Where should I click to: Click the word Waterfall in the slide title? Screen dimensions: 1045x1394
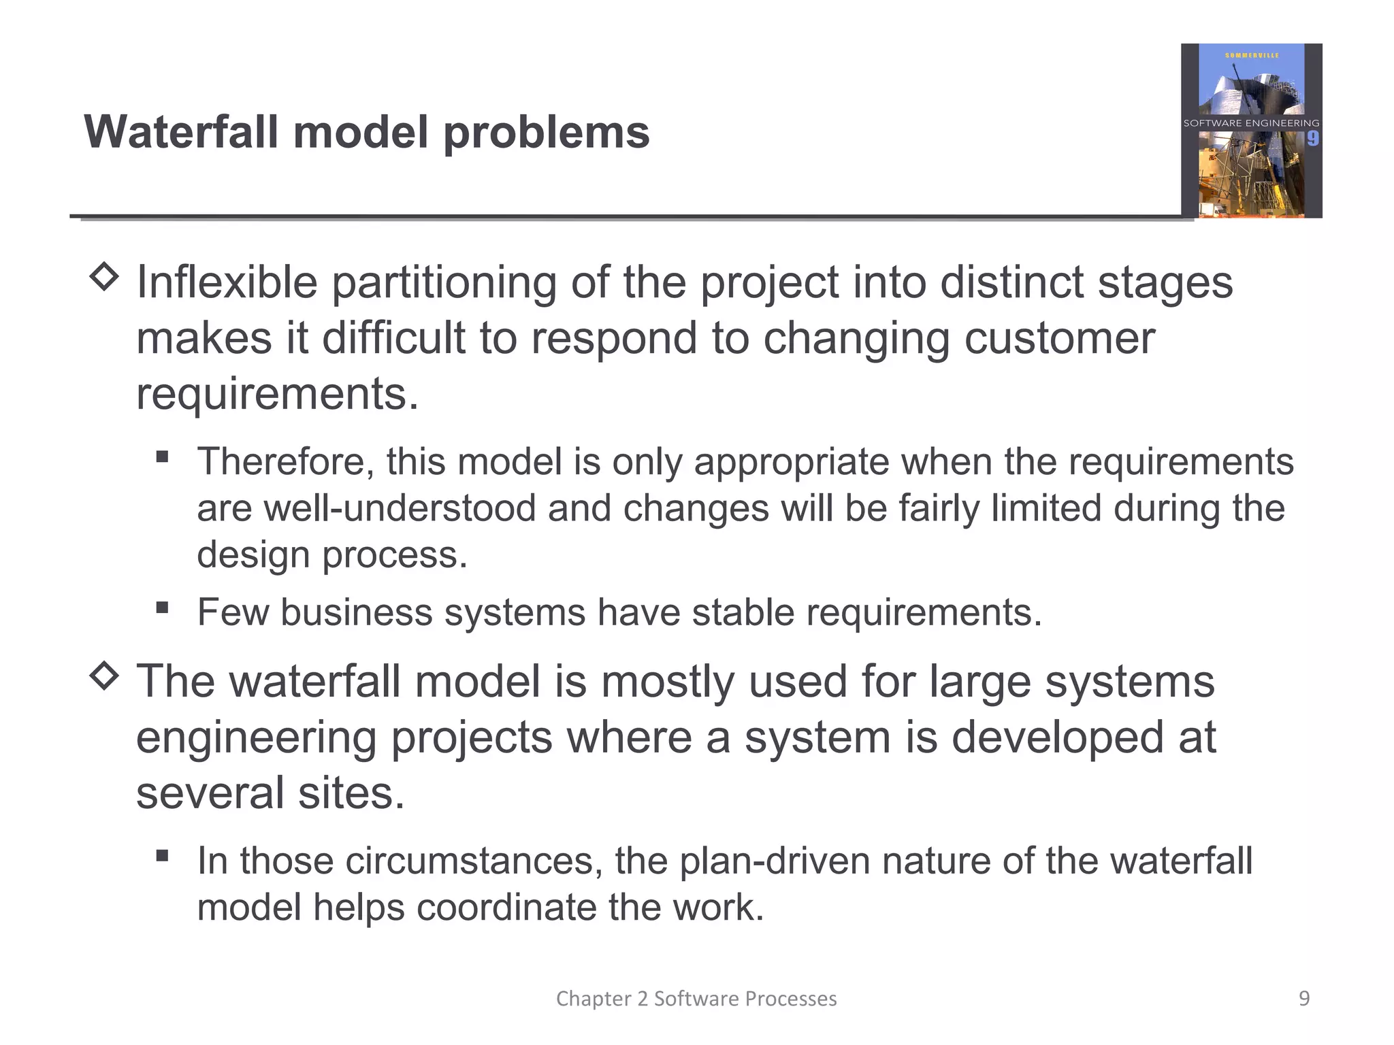click(181, 132)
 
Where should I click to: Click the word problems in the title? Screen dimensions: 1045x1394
click(547, 132)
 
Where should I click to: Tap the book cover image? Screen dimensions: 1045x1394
click(1251, 131)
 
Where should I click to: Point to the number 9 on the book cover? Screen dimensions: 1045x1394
click(1312, 139)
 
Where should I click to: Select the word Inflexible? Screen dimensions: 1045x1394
click(227, 282)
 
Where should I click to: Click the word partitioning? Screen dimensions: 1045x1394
click(444, 282)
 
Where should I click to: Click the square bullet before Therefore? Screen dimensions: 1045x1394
click(162, 457)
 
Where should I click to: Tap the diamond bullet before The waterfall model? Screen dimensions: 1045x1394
click(104, 676)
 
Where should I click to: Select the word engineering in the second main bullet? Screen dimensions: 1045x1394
click(256, 737)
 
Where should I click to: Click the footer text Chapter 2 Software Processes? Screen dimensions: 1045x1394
click(696, 998)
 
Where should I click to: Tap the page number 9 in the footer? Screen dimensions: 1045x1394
click(1304, 998)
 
